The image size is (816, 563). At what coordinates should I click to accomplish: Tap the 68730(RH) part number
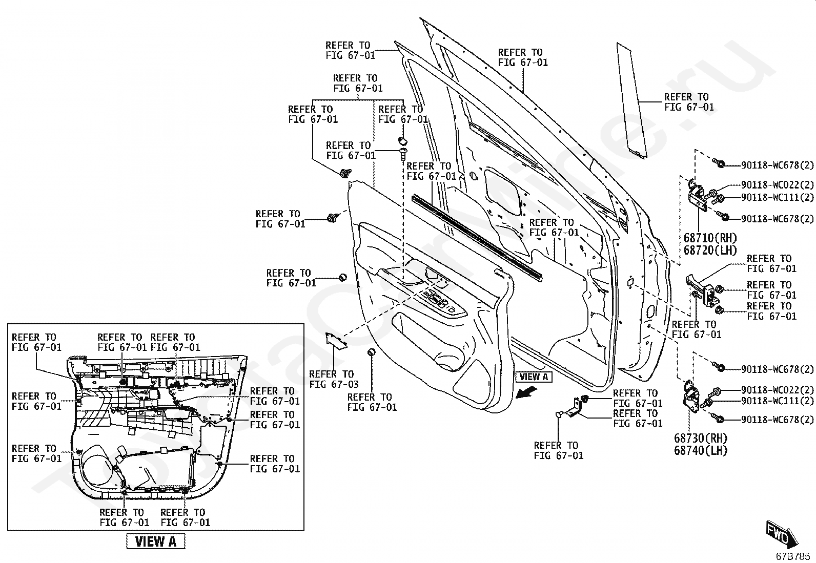click(x=701, y=439)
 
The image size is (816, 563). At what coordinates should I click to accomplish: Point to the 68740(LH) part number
click(x=701, y=451)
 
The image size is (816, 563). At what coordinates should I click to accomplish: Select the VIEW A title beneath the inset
click(x=155, y=541)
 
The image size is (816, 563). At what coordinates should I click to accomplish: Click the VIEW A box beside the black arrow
click(x=534, y=377)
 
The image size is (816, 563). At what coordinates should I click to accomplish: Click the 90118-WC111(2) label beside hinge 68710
click(x=777, y=197)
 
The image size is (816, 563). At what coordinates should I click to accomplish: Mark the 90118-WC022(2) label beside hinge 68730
click(x=777, y=390)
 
